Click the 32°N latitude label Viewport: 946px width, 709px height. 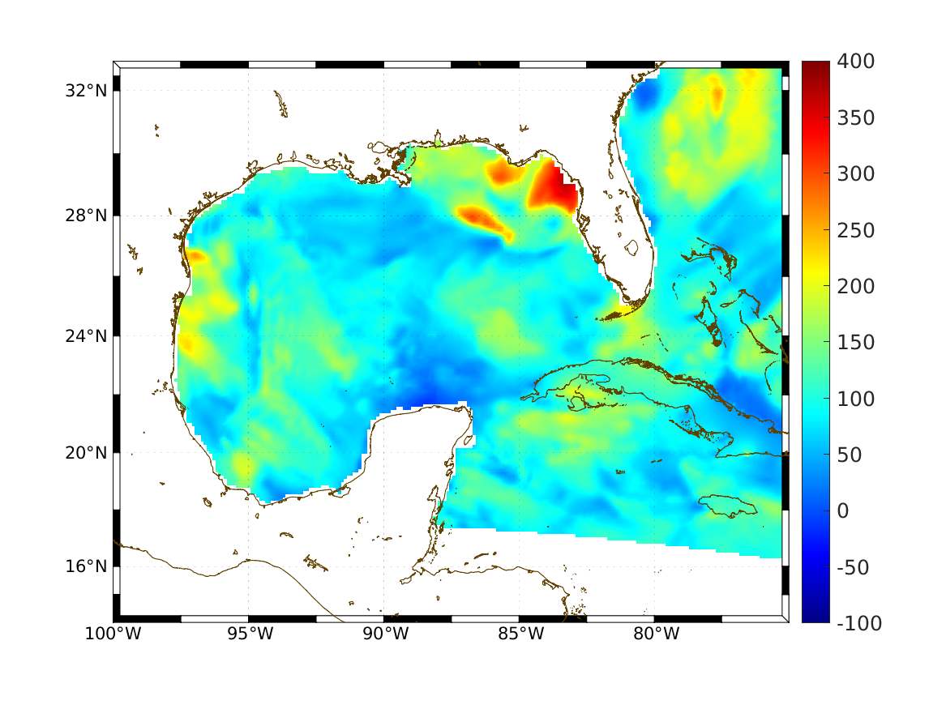[86, 91]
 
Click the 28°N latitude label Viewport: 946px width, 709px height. [86, 216]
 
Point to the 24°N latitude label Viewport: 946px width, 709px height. [86, 335]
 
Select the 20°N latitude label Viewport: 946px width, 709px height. [86, 453]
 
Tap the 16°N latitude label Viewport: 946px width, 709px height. [86, 566]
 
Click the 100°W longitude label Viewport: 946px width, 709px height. [113, 634]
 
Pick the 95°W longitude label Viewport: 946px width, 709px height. [249, 634]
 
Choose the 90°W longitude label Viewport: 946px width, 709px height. [384, 634]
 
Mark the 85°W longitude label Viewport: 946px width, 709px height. [520, 634]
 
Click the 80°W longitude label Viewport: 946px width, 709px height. [655, 634]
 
